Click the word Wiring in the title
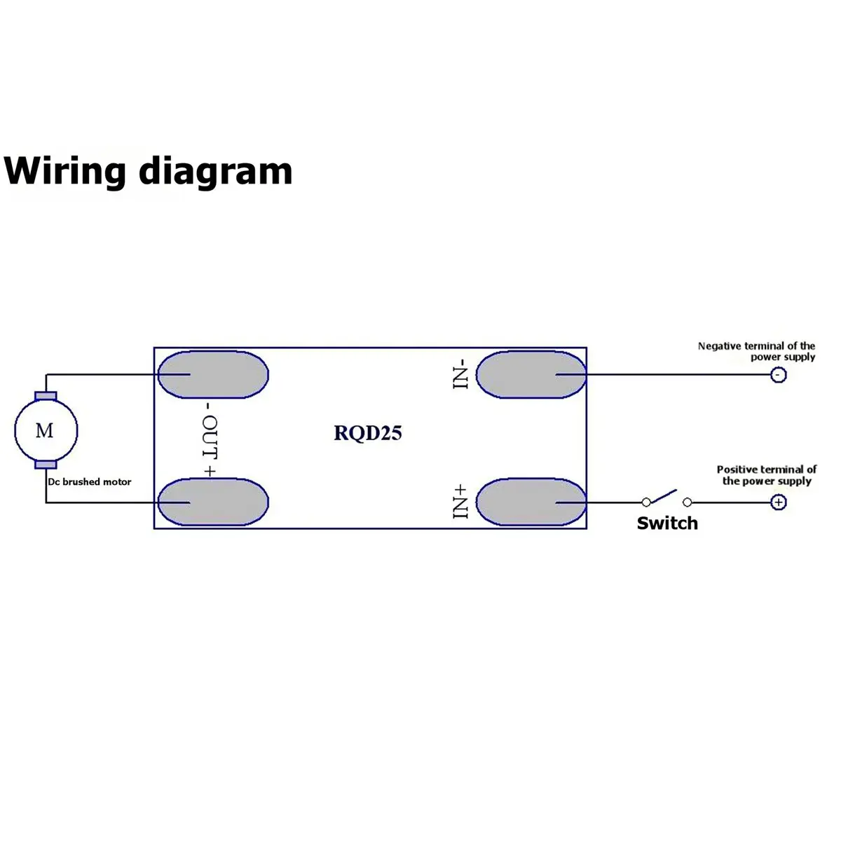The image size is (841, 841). tap(64, 172)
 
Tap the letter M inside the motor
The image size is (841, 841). tap(45, 431)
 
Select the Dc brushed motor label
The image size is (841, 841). tap(90, 481)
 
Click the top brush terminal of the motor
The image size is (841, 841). tap(46, 396)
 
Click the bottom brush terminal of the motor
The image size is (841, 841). tap(46, 465)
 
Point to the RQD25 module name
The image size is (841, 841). tap(367, 433)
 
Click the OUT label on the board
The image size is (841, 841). tap(210, 439)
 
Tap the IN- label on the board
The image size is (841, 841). tap(460, 374)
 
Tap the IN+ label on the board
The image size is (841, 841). tap(460, 502)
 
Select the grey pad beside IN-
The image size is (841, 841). tap(531, 374)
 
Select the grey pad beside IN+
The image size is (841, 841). tap(531, 502)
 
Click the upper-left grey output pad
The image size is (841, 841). tap(213, 374)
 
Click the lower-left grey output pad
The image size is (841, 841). tap(213, 502)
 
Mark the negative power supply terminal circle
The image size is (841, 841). tap(779, 375)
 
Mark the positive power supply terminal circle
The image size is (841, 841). tap(779, 502)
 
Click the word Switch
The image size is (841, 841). tap(667, 524)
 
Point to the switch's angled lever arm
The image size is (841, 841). tap(664, 496)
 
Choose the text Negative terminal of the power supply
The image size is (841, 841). tap(756, 351)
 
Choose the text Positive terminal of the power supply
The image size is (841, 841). tap(767, 475)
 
